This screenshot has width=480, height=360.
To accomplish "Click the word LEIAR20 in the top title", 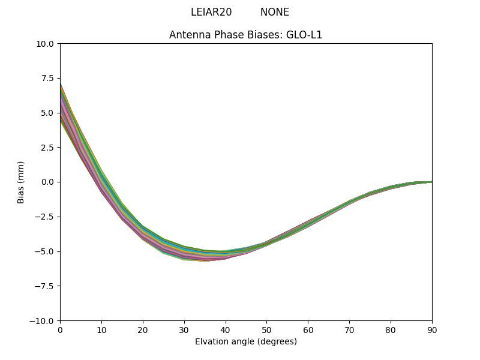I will pos(211,12).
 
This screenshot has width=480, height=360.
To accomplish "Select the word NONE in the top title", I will pos(274,12).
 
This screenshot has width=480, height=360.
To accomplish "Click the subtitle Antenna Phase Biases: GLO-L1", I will pos(245,35).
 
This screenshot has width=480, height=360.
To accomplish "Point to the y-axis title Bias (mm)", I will pos(21,182).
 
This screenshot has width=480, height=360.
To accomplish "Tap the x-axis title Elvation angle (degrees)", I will pos(245,342).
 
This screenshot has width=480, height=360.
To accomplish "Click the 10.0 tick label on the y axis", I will pos(46,44).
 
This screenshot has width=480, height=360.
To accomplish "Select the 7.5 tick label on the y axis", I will pos(48,79).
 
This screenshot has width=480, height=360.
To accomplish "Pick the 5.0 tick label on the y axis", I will pos(48,113).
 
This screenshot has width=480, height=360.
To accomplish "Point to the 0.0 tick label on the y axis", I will pos(48,182).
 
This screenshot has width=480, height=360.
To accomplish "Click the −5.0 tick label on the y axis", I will pos(46,251).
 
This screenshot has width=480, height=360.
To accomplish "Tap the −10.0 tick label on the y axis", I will pos(43,321).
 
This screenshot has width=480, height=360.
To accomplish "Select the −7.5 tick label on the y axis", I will pos(46,286).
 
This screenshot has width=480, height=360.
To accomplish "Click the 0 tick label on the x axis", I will pos(60,330).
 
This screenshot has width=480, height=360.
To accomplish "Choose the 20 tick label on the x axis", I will pos(143,330).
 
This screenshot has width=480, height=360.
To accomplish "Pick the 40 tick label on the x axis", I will pos(225,330).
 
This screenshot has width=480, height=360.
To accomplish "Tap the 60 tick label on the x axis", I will pos(308,330).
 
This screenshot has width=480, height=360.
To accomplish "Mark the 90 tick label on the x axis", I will pos(431,330).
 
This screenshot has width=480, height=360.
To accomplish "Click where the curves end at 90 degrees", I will pos(431,182).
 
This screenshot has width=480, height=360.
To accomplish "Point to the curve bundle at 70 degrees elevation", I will pos(349,202).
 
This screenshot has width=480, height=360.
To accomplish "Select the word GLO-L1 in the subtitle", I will pos(307,35).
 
